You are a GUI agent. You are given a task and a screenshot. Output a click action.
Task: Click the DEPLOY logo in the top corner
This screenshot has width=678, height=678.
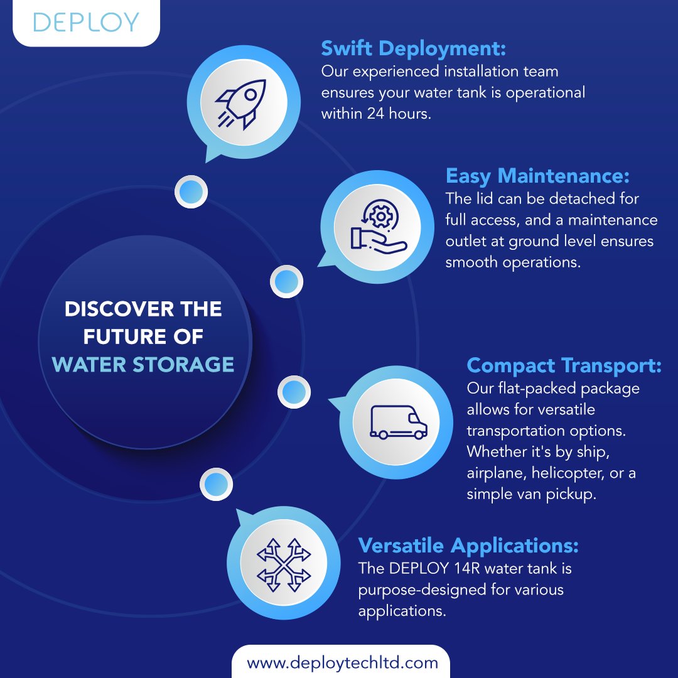(x=85, y=22)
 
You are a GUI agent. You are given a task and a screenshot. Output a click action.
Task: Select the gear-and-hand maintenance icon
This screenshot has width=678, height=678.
(x=377, y=227)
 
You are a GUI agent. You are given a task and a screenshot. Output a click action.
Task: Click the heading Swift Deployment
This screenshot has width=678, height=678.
(x=413, y=48)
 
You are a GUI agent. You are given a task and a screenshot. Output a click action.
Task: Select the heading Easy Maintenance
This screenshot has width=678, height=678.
(x=537, y=176)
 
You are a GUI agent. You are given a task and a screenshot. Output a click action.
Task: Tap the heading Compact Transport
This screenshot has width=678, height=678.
(x=564, y=365)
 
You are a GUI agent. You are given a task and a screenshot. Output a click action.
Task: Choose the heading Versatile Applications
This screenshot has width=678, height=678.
(x=468, y=545)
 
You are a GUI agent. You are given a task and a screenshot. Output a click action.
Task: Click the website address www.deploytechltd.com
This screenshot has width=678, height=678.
(x=342, y=662)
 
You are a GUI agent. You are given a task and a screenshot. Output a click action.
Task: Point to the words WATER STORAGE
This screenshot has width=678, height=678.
(x=143, y=364)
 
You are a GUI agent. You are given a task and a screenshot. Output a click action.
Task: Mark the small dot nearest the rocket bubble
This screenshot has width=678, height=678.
(x=191, y=191)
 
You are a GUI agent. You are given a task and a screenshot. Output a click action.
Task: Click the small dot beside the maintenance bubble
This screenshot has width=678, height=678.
(x=287, y=281)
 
